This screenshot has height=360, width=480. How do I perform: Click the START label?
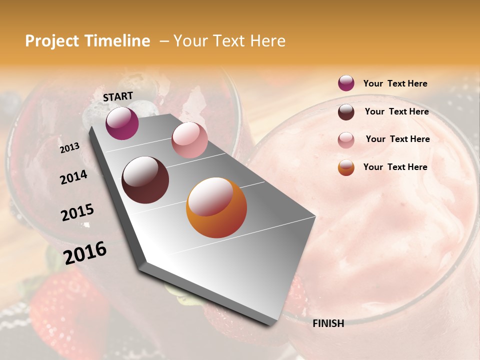(x=118, y=96)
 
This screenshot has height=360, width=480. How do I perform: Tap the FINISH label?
(x=328, y=323)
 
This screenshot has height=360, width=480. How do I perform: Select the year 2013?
(x=70, y=147)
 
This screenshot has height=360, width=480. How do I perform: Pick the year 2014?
(x=73, y=177)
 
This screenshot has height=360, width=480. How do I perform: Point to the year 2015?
(x=77, y=212)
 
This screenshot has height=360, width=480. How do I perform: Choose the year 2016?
(x=85, y=253)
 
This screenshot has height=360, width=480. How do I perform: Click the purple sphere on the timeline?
(x=122, y=123)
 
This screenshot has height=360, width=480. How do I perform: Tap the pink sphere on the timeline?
(x=189, y=140)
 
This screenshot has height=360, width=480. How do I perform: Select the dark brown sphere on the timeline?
(x=145, y=180)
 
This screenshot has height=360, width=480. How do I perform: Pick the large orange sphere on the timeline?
(x=216, y=208)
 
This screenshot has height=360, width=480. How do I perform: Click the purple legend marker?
(x=346, y=83)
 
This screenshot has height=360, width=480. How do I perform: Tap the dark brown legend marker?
(x=346, y=112)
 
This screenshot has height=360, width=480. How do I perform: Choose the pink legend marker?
(x=346, y=140)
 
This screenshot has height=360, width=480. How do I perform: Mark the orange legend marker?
(x=346, y=167)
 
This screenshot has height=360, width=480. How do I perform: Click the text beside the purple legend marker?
(x=395, y=84)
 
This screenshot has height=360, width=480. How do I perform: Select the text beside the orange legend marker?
(x=395, y=167)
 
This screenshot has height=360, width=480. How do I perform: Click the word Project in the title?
(x=52, y=41)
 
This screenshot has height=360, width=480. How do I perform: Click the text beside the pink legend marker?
(x=397, y=139)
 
